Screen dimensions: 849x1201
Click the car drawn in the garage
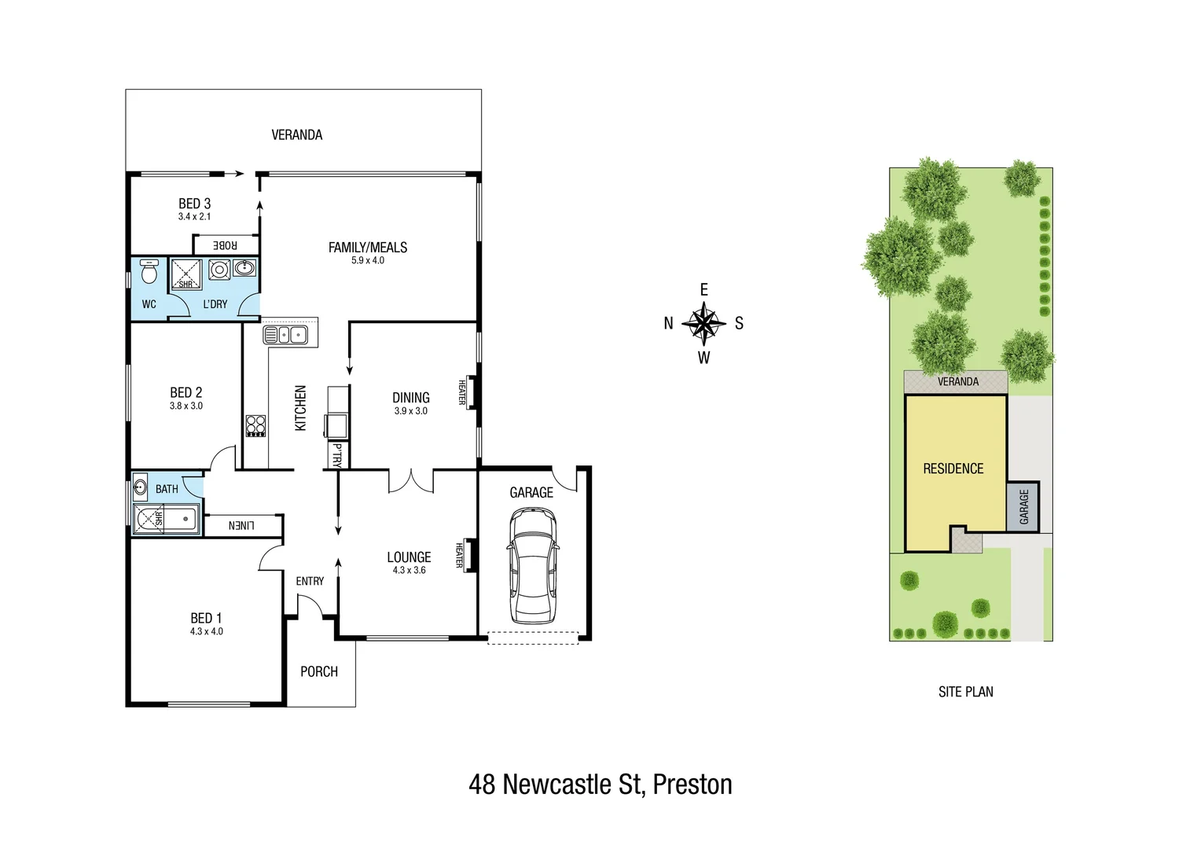pyautogui.click(x=533, y=566)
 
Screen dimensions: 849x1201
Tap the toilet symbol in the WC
pyautogui.click(x=149, y=272)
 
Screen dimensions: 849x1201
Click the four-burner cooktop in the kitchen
pyautogui.click(x=255, y=425)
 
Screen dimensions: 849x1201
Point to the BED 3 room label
pyautogui.click(x=194, y=204)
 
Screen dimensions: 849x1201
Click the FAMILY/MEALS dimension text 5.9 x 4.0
pyautogui.click(x=368, y=261)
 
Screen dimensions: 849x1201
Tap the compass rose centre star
pyautogui.click(x=703, y=323)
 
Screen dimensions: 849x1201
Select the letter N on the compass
pyautogui.click(x=668, y=323)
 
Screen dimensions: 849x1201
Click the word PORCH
pyautogui.click(x=319, y=672)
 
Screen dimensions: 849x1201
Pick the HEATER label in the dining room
pyautogui.click(x=462, y=392)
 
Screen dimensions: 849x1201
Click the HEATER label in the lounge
pyautogui.click(x=460, y=555)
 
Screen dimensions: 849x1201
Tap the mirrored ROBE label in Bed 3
pyautogui.click(x=225, y=245)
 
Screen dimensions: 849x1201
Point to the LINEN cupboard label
pyautogui.click(x=241, y=525)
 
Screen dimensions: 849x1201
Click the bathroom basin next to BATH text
pyautogui.click(x=140, y=487)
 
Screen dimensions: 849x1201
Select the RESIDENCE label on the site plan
pyautogui.click(x=953, y=469)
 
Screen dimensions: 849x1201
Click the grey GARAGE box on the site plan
pyautogui.click(x=1023, y=507)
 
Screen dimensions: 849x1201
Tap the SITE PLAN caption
pyautogui.click(x=965, y=692)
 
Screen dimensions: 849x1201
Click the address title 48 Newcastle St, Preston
pyautogui.click(x=600, y=785)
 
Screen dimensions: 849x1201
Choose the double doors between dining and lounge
pyautogui.click(x=410, y=481)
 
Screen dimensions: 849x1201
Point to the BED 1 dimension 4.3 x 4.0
pyautogui.click(x=206, y=631)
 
